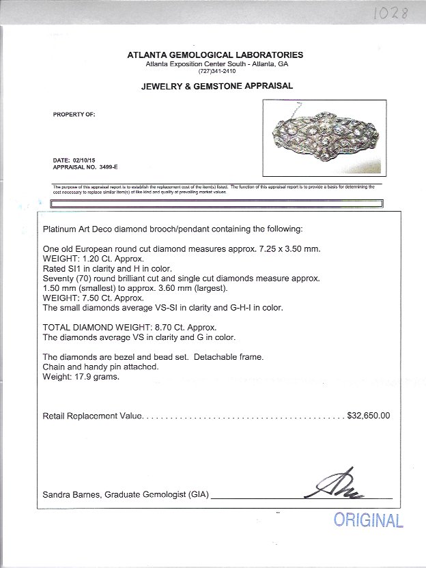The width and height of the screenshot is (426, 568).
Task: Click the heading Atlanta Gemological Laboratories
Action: tap(215, 55)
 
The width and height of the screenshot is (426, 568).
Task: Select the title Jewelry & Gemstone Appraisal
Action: tap(217, 86)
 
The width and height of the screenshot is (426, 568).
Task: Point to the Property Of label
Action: tap(74, 115)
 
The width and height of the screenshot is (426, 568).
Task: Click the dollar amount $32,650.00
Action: tap(369, 415)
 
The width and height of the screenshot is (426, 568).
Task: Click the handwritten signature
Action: tap(341, 485)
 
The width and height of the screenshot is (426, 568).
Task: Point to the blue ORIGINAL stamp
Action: tap(368, 520)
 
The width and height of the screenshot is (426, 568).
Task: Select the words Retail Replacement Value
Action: tap(92, 415)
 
